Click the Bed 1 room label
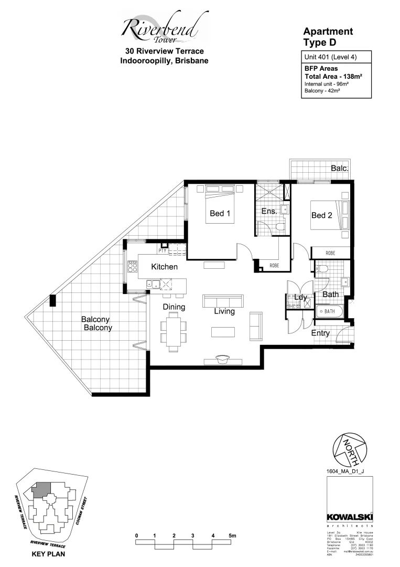pyautogui.click(x=220, y=213)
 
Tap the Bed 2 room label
pyautogui.click(x=321, y=215)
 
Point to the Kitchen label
pyautogui.click(x=165, y=267)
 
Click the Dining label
pyautogui.click(x=174, y=307)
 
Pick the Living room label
pyautogui.click(x=224, y=311)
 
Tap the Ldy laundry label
pyautogui.click(x=301, y=298)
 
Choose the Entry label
pyautogui.click(x=320, y=333)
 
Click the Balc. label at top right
pyautogui.click(x=340, y=168)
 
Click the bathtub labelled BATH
pyautogui.click(x=329, y=312)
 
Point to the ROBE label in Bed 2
pyautogui.click(x=330, y=253)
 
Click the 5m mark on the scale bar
pyautogui.click(x=233, y=535)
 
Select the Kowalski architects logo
pyautogui.click(x=349, y=517)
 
